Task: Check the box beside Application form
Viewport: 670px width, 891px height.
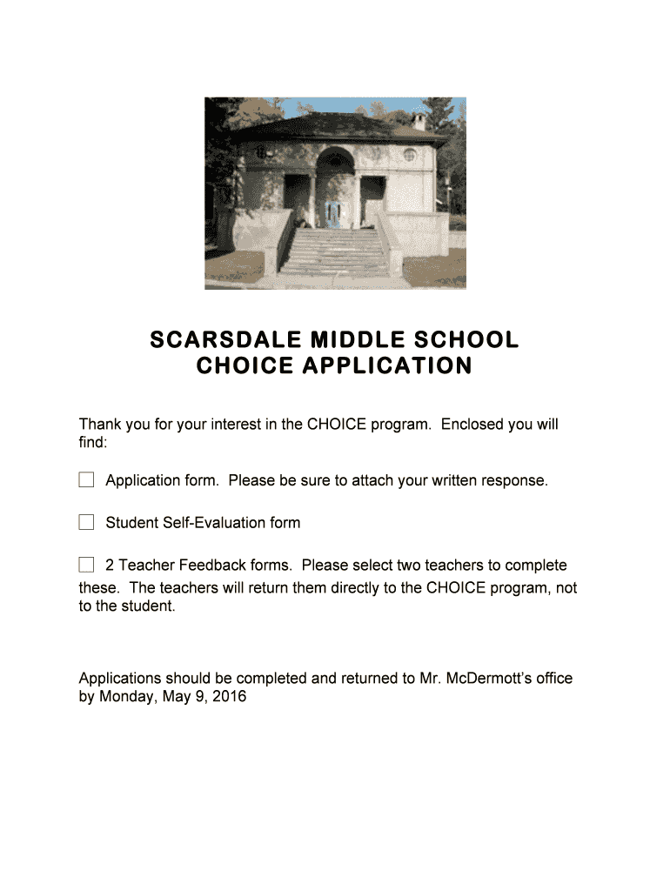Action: point(86,480)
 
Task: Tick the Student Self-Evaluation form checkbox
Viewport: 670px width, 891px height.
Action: point(86,523)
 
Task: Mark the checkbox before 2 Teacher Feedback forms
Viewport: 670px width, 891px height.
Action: point(86,565)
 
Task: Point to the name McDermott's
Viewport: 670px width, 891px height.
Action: point(490,678)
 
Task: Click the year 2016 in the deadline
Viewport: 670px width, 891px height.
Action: point(230,697)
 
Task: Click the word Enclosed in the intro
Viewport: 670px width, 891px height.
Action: point(471,425)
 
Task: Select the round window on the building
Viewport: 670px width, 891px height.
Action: point(409,155)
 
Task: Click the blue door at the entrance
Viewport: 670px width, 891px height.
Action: point(333,212)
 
